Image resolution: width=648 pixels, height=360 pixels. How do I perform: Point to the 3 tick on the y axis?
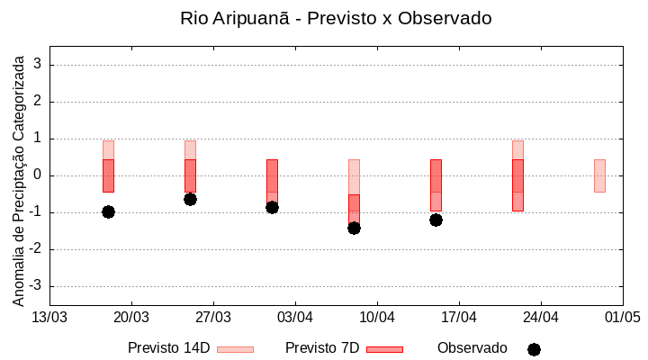coord(38,65)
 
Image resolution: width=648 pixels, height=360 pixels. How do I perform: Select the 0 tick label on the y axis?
coord(38,175)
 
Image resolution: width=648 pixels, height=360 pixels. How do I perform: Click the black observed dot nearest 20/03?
coord(108,211)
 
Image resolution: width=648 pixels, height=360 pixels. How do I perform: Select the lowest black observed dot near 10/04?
coord(354,228)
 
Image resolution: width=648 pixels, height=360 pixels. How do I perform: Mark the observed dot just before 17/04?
coord(436,220)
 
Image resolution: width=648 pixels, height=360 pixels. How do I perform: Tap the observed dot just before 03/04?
coord(272,207)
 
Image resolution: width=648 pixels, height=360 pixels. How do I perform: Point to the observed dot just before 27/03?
coord(190,199)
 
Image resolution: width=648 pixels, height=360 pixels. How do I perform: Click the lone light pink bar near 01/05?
coord(599,175)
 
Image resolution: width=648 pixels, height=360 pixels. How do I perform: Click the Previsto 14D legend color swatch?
coord(235,349)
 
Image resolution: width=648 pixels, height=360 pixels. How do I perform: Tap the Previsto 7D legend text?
coord(322,348)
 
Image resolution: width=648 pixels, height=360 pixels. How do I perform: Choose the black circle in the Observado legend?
coord(534,349)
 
